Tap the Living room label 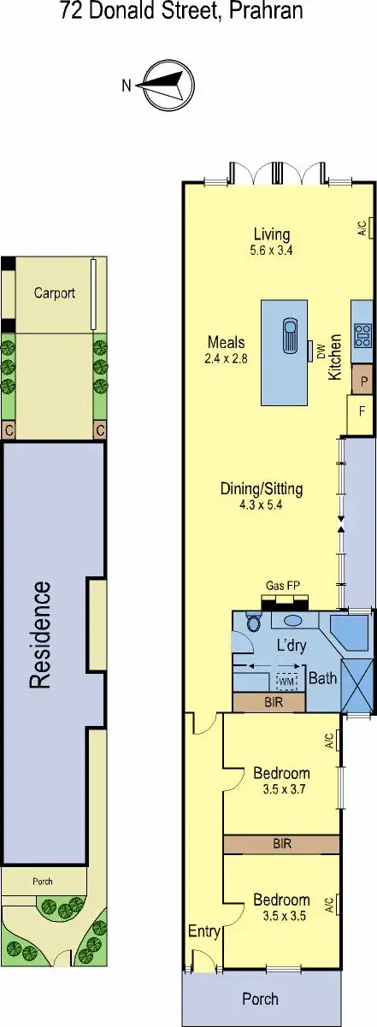(x=272, y=234)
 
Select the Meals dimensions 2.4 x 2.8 (x=227, y=359)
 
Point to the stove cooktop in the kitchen (x=362, y=331)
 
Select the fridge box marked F (x=362, y=411)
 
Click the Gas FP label (x=281, y=585)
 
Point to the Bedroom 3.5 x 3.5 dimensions (x=281, y=915)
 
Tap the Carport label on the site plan (x=55, y=292)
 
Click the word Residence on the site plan (x=40, y=634)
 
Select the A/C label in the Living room (x=362, y=228)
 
